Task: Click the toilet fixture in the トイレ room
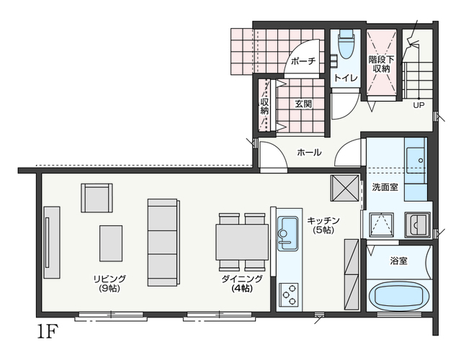click(346, 43)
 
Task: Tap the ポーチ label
click(303, 61)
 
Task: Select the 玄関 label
click(303, 104)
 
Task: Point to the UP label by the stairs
click(419, 105)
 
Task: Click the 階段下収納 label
click(381, 64)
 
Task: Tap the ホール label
click(309, 152)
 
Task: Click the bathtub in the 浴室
click(399, 296)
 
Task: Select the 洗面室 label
click(385, 187)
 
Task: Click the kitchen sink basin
click(287, 233)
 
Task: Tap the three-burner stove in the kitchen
click(288, 294)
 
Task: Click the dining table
click(242, 242)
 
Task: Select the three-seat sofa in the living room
click(164, 243)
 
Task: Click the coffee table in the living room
click(111, 243)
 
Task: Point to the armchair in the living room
click(97, 198)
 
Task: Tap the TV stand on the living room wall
click(52, 243)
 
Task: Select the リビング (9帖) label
click(109, 283)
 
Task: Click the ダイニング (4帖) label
click(242, 283)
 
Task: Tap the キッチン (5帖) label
click(323, 225)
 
